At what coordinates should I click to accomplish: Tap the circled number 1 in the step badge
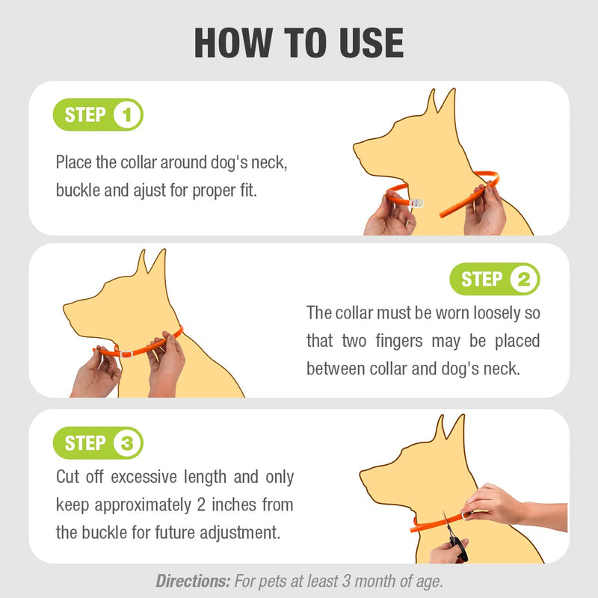[127, 116]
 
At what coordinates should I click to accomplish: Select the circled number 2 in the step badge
[523, 280]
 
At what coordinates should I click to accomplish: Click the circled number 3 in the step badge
[127, 443]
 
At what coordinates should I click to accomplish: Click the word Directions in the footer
[192, 580]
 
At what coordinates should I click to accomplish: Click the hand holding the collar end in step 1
[484, 209]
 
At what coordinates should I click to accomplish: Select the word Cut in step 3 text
[69, 476]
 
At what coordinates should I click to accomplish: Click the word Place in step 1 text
[75, 162]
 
